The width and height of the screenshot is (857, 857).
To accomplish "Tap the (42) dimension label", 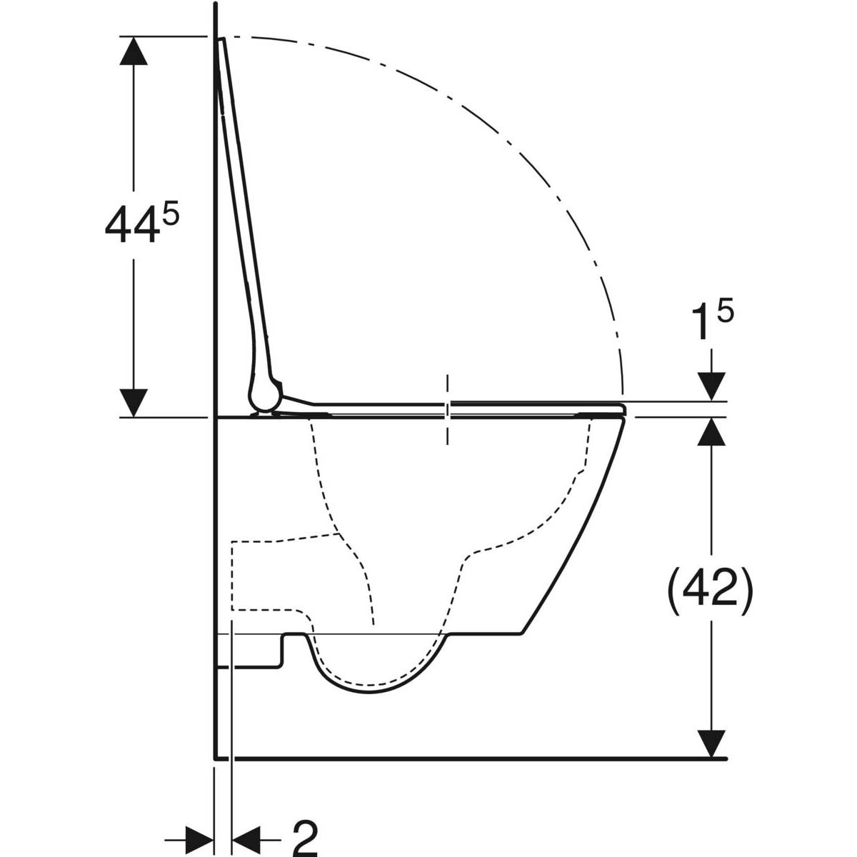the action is click(x=710, y=590).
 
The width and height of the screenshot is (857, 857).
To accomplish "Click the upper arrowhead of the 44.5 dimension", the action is click(x=134, y=51).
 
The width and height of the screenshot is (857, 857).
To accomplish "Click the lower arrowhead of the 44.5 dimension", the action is click(x=134, y=403).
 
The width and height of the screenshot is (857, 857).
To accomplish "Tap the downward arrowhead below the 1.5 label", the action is click(x=711, y=386).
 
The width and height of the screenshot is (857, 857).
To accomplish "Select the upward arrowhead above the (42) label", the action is click(x=711, y=432).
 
